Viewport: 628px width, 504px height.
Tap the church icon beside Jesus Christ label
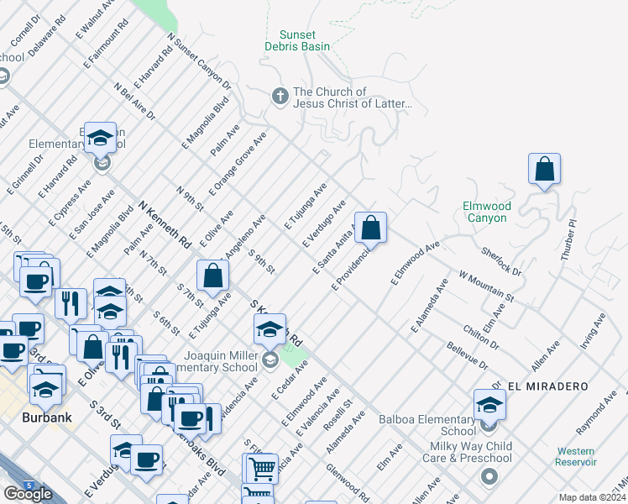280,97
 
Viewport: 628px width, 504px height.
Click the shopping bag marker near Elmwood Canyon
545,169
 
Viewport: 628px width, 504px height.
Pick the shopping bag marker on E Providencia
371,227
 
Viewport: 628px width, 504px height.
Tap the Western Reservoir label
576,456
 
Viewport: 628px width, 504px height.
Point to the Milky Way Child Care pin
489,478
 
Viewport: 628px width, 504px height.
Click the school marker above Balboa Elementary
489,404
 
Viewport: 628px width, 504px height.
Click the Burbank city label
47,417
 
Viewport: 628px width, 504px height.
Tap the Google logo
28,494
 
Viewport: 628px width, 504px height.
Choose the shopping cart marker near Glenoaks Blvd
261,469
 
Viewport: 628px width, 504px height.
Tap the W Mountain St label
486,285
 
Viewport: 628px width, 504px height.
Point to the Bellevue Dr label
467,354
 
